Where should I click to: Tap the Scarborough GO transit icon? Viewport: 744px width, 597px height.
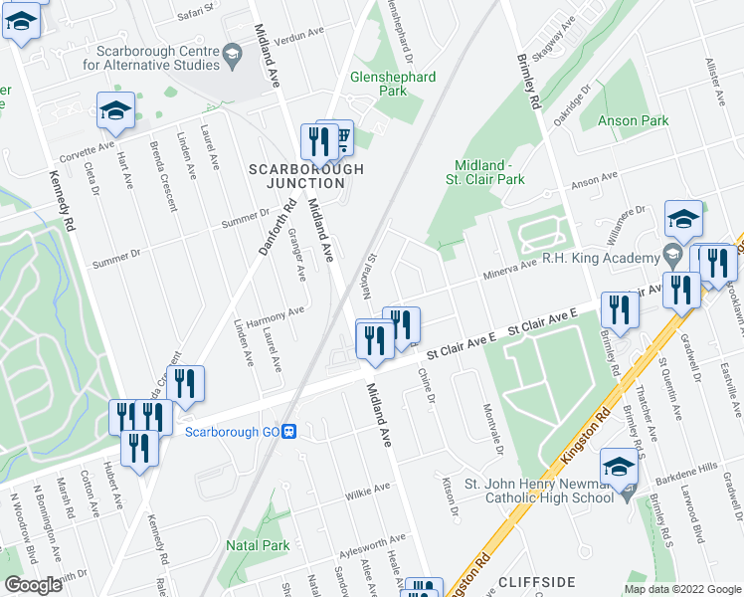click(289, 431)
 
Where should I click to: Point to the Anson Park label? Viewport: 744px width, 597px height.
click(633, 120)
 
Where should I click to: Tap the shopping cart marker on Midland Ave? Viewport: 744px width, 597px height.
click(339, 138)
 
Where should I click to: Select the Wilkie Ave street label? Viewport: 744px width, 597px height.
click(367, 490)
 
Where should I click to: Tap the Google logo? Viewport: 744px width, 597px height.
click(32, 585)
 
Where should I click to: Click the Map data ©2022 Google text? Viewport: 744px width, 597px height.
click(682, 589)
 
